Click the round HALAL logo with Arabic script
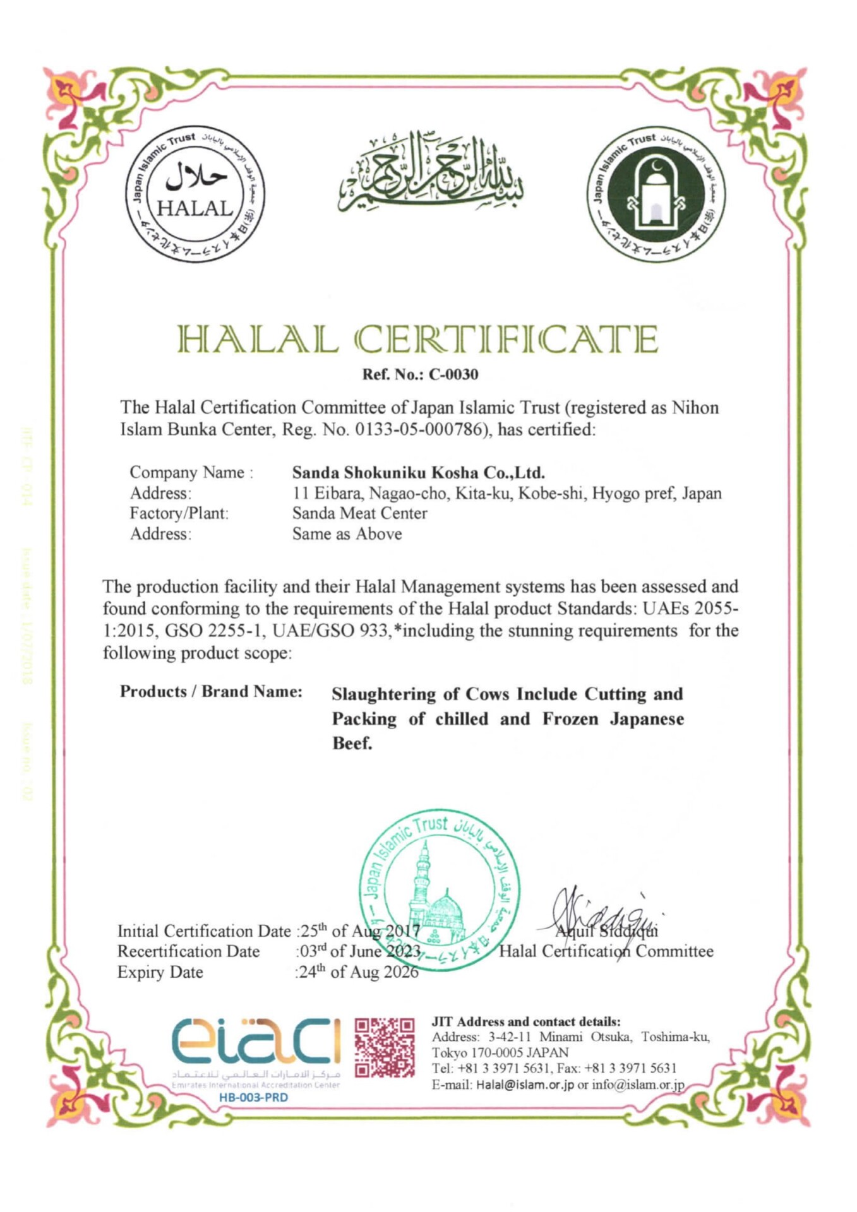[x=195, y=194]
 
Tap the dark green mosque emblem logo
[x=656, y=194]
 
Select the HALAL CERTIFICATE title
[x=417, y=339]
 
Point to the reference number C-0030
[x=453, y=374]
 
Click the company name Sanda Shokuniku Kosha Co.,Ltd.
[x=418, y=472]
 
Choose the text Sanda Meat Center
[x=359, y=513]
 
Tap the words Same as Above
[x=347, y=534]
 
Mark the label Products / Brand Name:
[x=211, y=692]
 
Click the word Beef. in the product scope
[x=352, y=744]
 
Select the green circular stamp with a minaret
[x=440, y=889]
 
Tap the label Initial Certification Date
[x=204, y=931]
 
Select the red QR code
[x=385, y=1048]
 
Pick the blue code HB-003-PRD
[x=253, y=1098]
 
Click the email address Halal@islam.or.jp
[x=525, y=1085]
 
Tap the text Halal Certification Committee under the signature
[x=606, y=951]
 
